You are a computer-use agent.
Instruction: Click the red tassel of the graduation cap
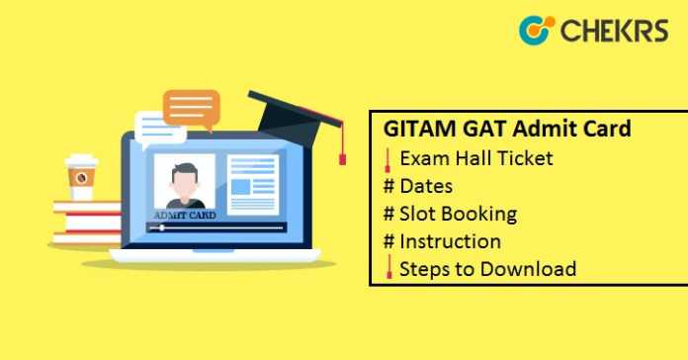[x=342, y=152]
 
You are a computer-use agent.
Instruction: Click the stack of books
[x=85, y=224]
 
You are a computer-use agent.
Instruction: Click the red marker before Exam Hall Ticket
[x=390, y=158]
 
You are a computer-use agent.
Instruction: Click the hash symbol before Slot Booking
[x=390, y=214]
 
